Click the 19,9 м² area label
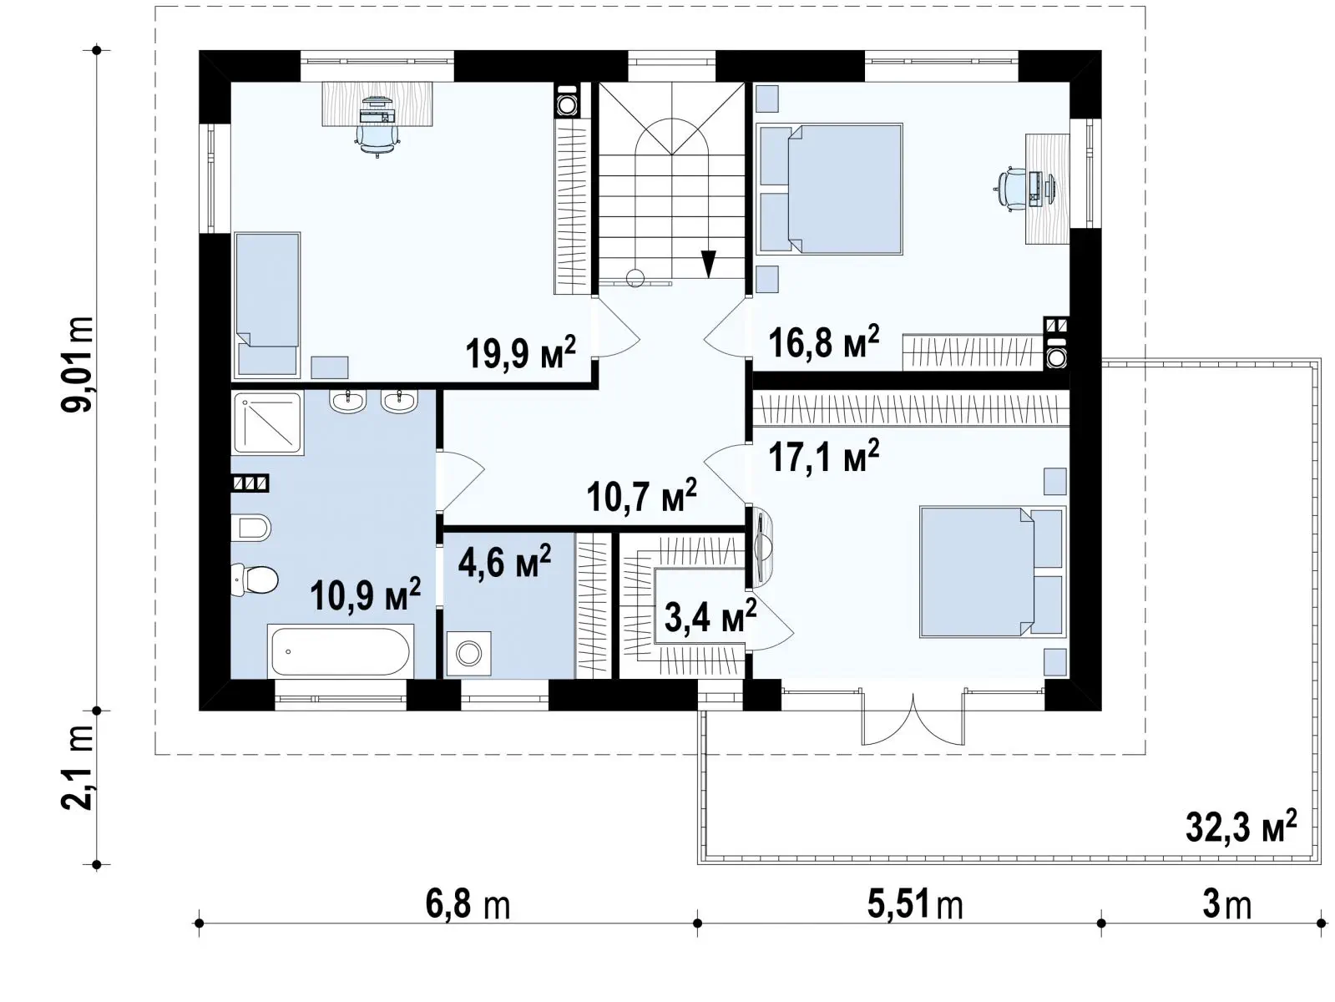(520, 352)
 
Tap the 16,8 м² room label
(823, 341)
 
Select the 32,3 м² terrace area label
(1241, 826)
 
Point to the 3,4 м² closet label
(710, 616)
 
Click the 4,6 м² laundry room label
(504, 560)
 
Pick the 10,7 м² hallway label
(642, 495)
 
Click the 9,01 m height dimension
(78, 365)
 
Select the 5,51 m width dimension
(915, 905)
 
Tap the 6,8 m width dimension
(467, 905)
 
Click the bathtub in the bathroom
(341, 650)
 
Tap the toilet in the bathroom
(255, 579)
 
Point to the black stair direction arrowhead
(708, 264)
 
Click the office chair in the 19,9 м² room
(377, 138)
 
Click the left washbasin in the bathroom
(348, 402)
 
